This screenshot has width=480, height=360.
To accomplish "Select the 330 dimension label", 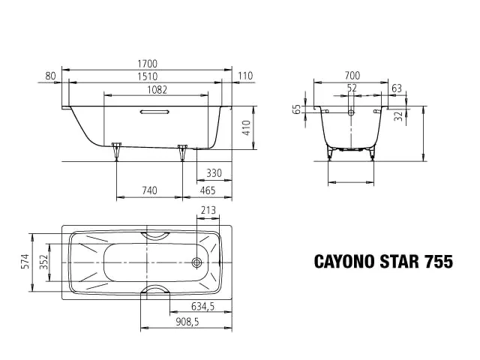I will [214, 173].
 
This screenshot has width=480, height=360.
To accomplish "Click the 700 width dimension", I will [352, 76].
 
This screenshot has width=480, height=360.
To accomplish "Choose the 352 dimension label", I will [44, 261].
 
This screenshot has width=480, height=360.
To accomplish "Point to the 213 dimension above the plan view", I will [209, 211].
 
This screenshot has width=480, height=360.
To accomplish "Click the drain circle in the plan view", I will [197, 263].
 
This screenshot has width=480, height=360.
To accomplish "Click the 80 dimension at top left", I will [51, 76].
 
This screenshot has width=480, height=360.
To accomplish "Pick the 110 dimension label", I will [244, 76].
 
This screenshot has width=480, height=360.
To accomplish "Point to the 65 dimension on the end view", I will [298, 110].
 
